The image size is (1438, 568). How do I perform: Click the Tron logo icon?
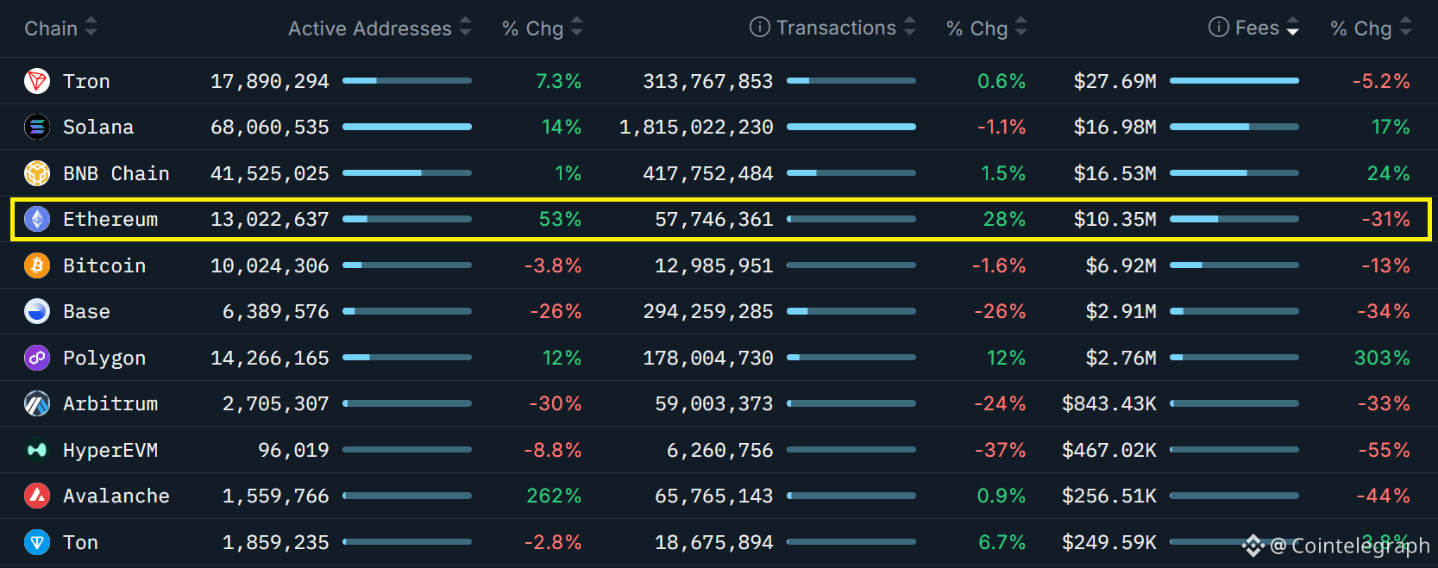click(36, 81)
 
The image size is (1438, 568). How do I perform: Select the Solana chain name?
click(98, 128)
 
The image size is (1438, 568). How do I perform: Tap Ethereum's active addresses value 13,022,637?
click(270, 220)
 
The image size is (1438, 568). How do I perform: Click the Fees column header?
click(1257, 28)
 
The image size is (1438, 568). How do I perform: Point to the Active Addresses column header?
click(369, 28)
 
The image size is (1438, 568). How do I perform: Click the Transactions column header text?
click(836, 28)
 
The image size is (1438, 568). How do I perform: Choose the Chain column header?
click(51, 28)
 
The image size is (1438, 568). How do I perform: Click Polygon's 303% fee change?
click(1382, 358)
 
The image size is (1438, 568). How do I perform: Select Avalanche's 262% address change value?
click(554, 496)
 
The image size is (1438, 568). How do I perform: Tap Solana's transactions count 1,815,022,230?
click(696, 128)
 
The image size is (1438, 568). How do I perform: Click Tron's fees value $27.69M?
click(1115, 81)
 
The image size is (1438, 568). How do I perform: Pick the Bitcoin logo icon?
click(36, 265)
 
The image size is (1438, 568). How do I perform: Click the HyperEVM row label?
click(110, 450)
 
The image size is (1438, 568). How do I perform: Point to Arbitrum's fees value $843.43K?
click(1108, 404)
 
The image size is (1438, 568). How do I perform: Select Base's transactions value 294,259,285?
click(708, 312)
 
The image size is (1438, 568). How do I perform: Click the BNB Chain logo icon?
click(36, 173)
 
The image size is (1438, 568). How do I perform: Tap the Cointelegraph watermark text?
click(1350, 546)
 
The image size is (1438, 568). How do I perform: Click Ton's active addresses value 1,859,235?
click(276, 543)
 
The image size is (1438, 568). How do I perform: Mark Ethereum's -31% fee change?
click(1385, 220)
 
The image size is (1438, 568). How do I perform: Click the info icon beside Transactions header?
click(760, 28)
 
